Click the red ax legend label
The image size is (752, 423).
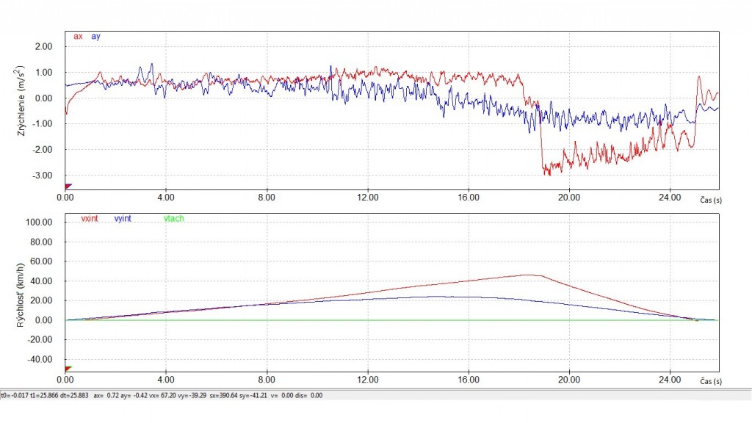(x=78, y=37)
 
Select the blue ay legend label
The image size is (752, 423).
(x=95, y=37)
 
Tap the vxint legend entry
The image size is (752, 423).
(x=90, y=218)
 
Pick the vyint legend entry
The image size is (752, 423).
(x=123, y=218)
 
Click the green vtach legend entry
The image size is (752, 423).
(x=173, y=218)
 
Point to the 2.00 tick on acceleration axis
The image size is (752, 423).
(x=43, y=46)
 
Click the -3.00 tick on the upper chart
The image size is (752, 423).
(x=42, y=176)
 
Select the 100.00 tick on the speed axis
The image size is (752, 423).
(x=40, y=222)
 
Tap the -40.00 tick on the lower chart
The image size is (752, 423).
(x=40, y=359)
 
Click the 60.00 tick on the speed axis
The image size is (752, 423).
(x=41, y=261)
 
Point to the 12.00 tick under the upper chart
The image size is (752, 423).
(x=368, y=197)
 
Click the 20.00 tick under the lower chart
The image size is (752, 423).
(x=569, y=380)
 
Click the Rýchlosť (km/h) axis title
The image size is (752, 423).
(x=20, y=295)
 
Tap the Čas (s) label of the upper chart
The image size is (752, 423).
(x=711, y=200)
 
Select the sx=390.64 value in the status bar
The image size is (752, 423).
(x=223, y=396)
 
